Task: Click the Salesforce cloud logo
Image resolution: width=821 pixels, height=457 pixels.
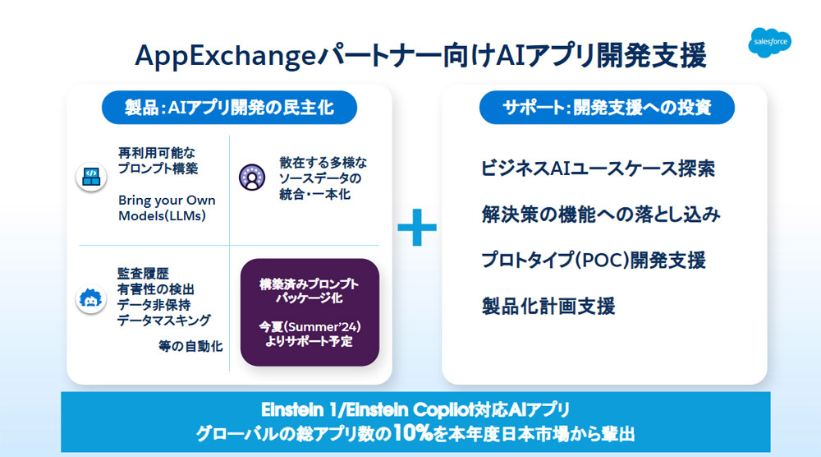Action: click(770, 42)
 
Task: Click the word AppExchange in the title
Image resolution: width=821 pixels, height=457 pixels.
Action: click(225, 56)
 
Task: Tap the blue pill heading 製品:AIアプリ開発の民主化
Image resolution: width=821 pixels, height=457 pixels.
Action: click(229, 108)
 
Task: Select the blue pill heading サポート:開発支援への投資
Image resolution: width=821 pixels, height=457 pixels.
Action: click(607, 108)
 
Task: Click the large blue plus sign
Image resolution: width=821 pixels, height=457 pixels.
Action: click(417, 228)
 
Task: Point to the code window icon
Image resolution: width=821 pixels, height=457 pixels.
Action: click(91, 177)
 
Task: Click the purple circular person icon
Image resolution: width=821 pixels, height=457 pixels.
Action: click(252, 178)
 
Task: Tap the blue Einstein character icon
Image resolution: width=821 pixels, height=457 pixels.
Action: click(90, 298)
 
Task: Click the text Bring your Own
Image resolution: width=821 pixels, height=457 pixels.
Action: click(167, 201)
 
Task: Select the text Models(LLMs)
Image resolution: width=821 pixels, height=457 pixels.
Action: click(162, 216)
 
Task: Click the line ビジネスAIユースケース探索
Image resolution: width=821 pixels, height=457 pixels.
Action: click(598, 168)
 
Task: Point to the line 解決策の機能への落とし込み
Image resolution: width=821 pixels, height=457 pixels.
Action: click(601, 215)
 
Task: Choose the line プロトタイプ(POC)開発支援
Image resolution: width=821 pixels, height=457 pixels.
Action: click(594, 260)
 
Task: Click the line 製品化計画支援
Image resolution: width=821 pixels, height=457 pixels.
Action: click(548, 306)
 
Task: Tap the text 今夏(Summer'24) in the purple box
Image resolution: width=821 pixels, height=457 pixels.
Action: click(310, 326)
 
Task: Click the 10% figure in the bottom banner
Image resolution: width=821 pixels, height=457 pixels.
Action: click(414, 433)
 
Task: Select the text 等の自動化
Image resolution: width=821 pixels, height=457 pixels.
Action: click(190, 346)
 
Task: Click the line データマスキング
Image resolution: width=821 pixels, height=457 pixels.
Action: click(164, 321)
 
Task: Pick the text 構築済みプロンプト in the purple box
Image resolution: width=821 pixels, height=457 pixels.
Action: click(310, 284)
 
